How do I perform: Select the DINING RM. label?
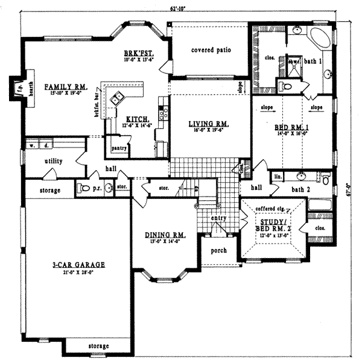(165, 235)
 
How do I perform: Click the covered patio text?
(211, 50)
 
